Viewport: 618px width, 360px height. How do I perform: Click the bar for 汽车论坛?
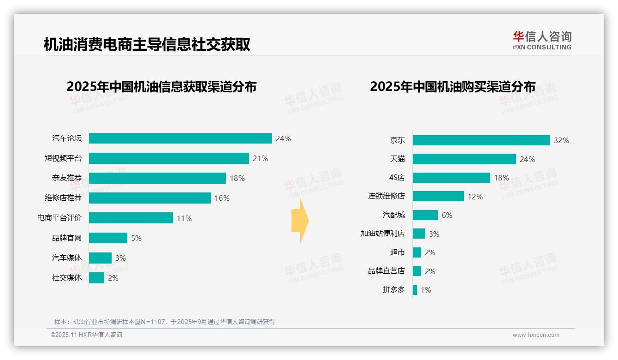pyautogui.click(x=180, y=138)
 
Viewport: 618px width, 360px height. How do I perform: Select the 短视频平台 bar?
pyautogui.click(x=169, y=158)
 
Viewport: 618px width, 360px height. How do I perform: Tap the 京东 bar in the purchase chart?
pyautogui.click(x=481, y=140)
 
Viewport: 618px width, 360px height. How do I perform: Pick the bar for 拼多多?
pyautogui.click(x=415, y=290)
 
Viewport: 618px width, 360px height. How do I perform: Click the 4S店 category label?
pyautogui.click(x=397, y=178)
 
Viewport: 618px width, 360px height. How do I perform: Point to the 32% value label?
pyautogui.click(x=561, y=141)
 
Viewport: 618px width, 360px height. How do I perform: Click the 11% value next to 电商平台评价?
pyautogui.click(x=184, y=218)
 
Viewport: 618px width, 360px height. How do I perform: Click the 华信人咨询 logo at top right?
pyautogui.click(x=542, y=40)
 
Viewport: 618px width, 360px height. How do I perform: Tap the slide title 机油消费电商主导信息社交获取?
pyautogui.click(x=147, y=44)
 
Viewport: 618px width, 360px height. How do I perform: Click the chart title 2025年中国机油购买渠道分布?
pyautogui.click(x=452, y=87)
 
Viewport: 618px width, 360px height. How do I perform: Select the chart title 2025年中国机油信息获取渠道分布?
pyautogui.click(x=161, y=87)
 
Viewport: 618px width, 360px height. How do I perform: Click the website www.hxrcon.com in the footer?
pyautogui.click(x=536, y=335)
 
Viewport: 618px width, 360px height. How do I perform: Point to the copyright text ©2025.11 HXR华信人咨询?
pyautogui.click(x=86, y=335)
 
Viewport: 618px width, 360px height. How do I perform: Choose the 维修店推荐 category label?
pyautogui.click(x=63, y=198)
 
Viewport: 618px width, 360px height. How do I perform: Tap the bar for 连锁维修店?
pyautogui.click(x=438, y=196)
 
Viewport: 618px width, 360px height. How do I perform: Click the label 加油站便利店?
pyautogui.click(x=383, y=234)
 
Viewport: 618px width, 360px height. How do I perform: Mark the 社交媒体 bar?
pyautogui.click(x=96, y=278)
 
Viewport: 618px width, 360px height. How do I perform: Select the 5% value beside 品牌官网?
pyautogui.click(x=136, y=238)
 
